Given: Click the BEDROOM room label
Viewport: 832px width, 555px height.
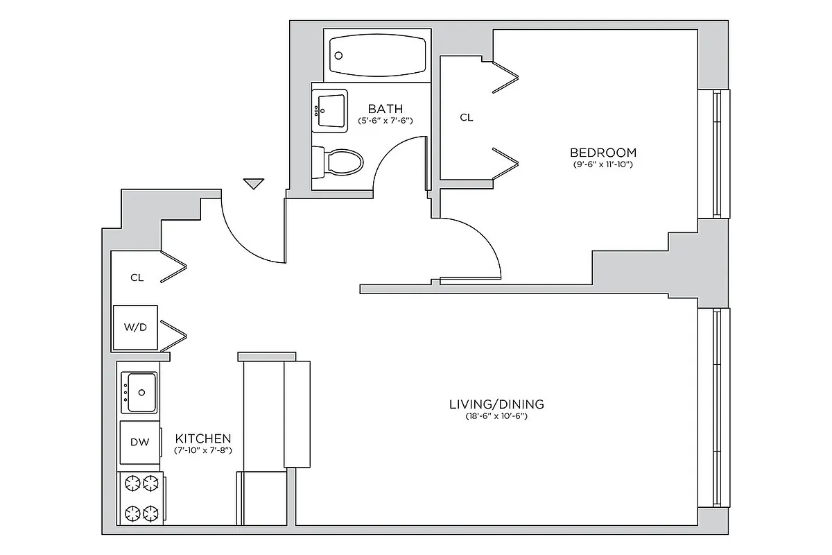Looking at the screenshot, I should click(603, 153).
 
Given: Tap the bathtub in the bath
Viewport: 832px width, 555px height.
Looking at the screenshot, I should click(378, 55).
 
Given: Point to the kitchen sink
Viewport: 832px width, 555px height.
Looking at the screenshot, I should click(139, 393).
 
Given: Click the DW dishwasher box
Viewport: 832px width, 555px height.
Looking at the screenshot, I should click(139, 441).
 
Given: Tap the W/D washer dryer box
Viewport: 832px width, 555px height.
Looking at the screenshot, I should click(135, 327).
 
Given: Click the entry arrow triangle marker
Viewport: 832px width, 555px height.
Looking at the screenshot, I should click(254, 183).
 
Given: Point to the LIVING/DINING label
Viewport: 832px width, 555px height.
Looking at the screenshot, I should click(496, 404).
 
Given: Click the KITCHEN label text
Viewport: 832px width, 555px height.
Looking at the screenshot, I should click(202, 438).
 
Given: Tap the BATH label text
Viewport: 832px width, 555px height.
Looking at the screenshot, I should click(385, 109).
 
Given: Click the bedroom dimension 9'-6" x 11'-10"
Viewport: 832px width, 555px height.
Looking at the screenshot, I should click(603, 165).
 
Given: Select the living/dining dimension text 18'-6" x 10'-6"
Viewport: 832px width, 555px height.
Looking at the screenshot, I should click(496, 416).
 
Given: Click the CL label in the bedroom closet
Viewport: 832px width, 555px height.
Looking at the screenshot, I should click(467, 118).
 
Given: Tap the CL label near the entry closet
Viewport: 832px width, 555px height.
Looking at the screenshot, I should click(137, 277).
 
